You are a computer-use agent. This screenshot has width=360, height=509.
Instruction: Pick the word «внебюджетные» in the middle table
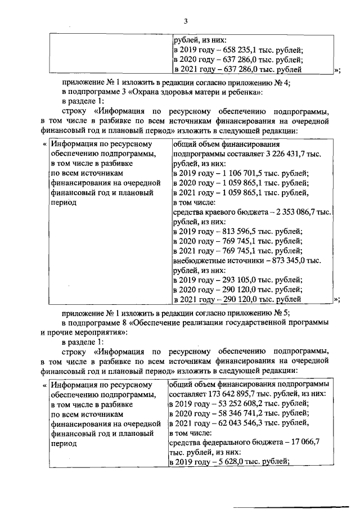(198, 261)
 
